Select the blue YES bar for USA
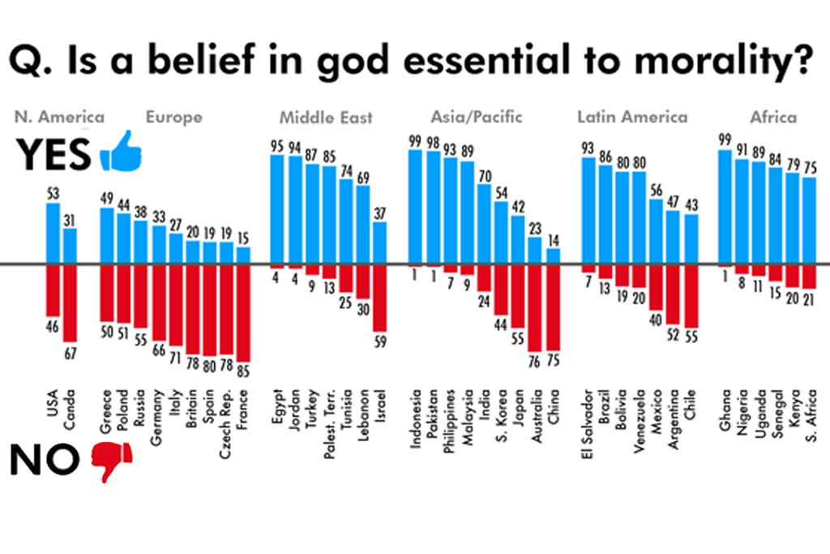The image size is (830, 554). pyautogui.click(x=53, y=233)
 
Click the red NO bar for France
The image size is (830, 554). pyautogui.click(x=244, y=313)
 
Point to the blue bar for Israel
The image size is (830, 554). pyautogui.click(x=379, y=243)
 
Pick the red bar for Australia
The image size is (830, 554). pyautogui.click(x=534, y=307)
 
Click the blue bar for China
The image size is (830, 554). pyautogui.click(x=553, y=256)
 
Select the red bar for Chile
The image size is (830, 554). pyautogui.click(x=691, y=296)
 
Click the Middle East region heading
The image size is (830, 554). pyautogui.click(x=326, y=118)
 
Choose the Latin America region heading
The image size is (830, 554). pyautogui.click(x=631, y=117)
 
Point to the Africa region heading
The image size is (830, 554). pyautogui.click(x=773, y=117)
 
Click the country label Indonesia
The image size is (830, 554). pyautogui.click(x=416, y=418)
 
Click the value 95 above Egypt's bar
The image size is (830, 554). pyautogui.click(x=276, y=147)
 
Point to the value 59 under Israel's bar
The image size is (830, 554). pyautogui.click(x=379, y=340)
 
